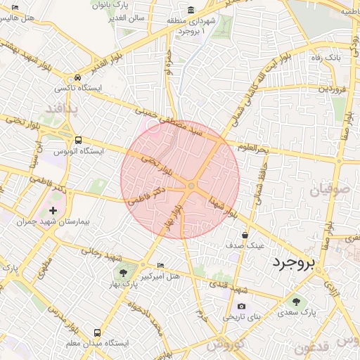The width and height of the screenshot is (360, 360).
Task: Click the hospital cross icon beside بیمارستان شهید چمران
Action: (53, 211)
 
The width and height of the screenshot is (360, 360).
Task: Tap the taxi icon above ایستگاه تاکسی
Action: (77, 77)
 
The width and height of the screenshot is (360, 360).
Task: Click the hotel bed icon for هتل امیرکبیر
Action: (161, 265)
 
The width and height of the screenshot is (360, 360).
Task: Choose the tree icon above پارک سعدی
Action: (296, 302)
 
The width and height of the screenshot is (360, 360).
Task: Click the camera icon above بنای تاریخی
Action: (242, 306)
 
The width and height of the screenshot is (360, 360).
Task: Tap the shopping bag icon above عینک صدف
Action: (245, 235)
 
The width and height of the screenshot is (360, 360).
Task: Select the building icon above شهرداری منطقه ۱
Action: (192, 10)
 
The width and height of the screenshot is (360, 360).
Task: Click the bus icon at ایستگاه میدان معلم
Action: (96, 332)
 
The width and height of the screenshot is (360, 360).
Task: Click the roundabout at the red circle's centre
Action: (191, 186)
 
